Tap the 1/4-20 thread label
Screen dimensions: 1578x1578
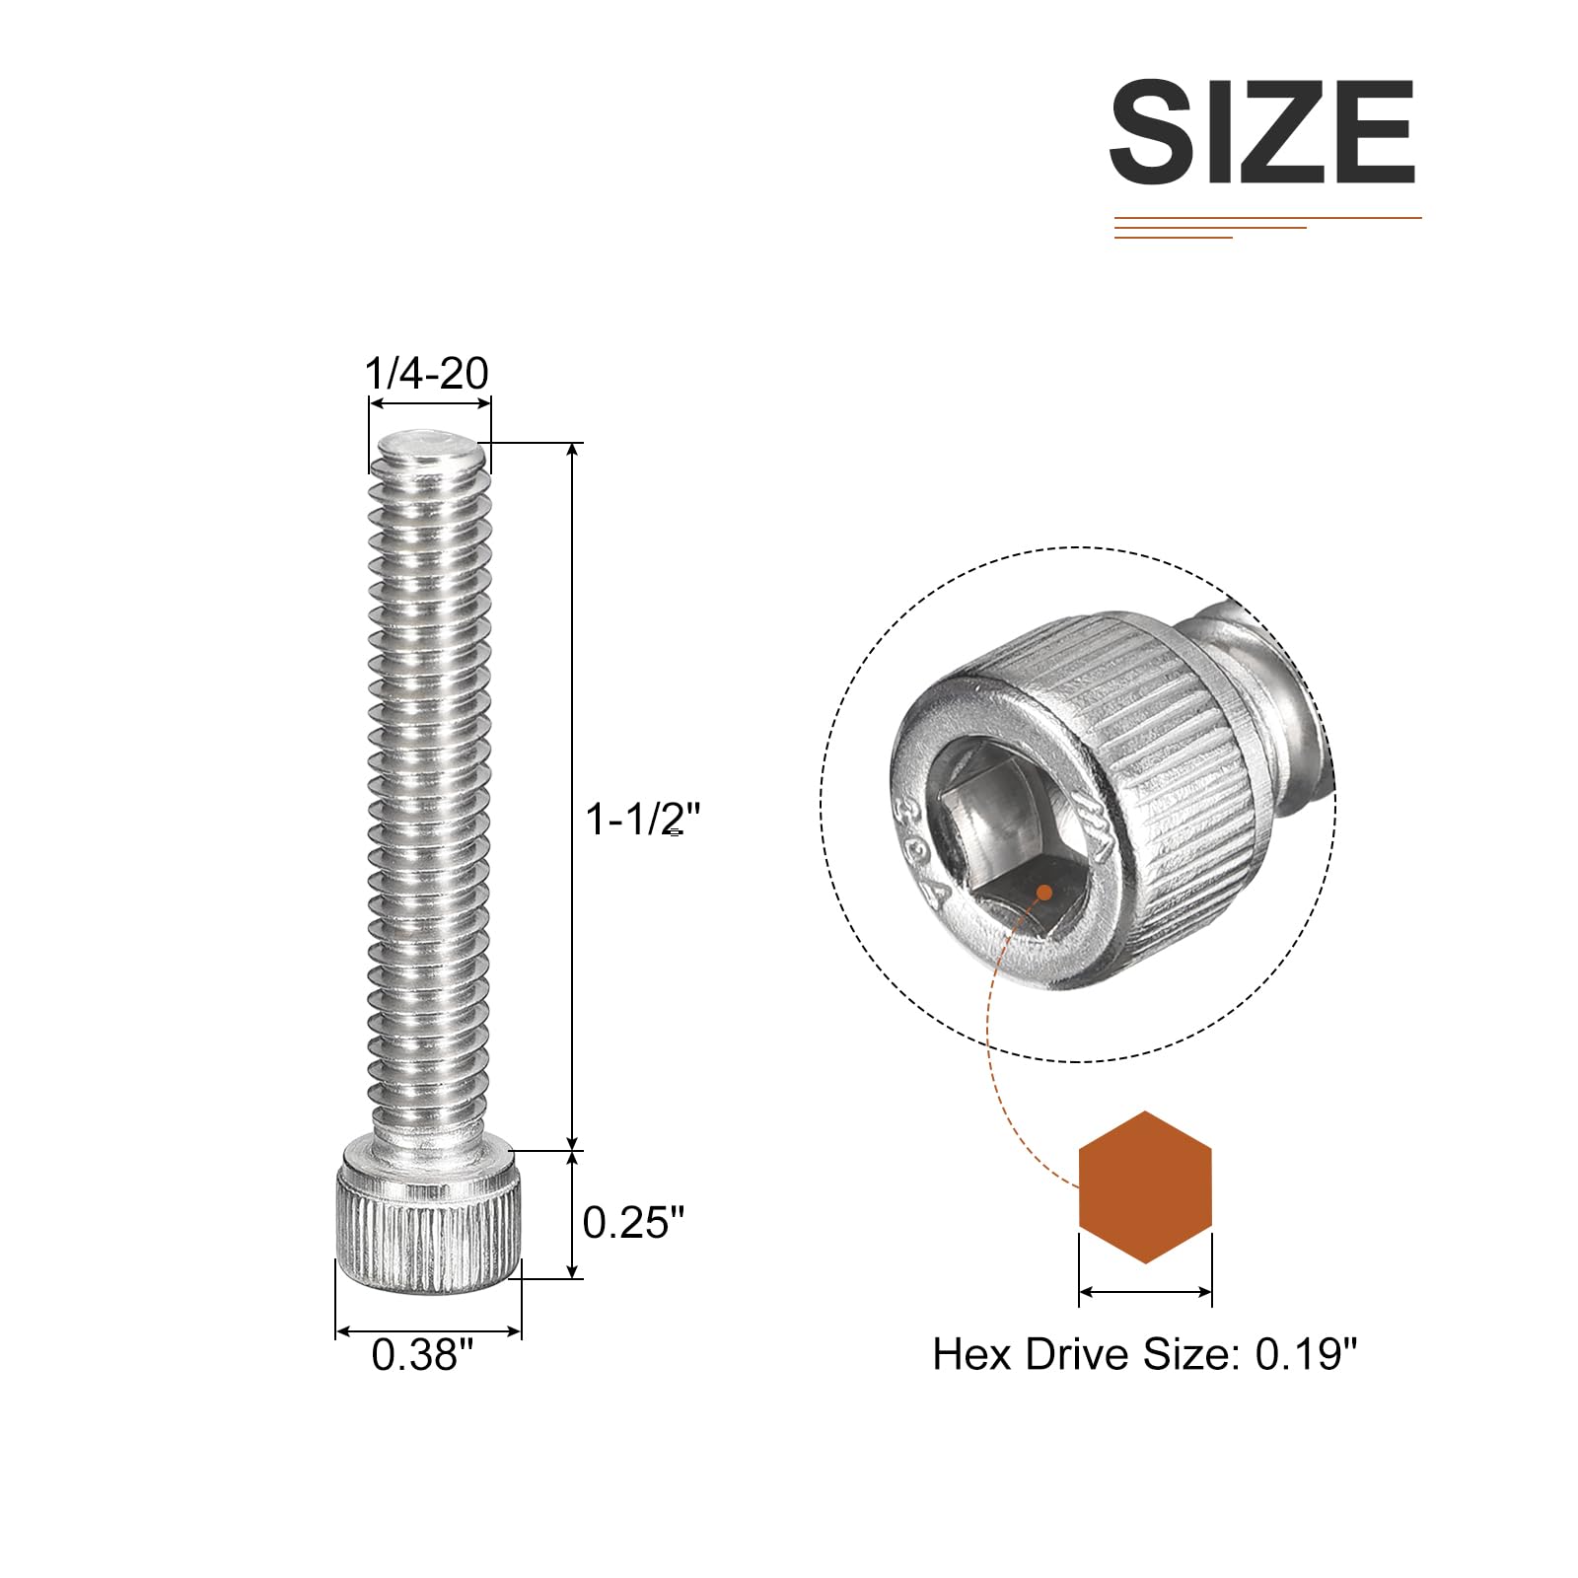[427, 374]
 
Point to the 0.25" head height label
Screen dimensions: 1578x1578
[633, 1223]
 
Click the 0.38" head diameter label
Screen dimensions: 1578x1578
[422, 1354]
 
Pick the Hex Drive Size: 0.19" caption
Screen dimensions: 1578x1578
[1145, 1354]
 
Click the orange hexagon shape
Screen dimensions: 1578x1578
[1145, 1187]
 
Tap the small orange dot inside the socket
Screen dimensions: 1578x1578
[1042, 893]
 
